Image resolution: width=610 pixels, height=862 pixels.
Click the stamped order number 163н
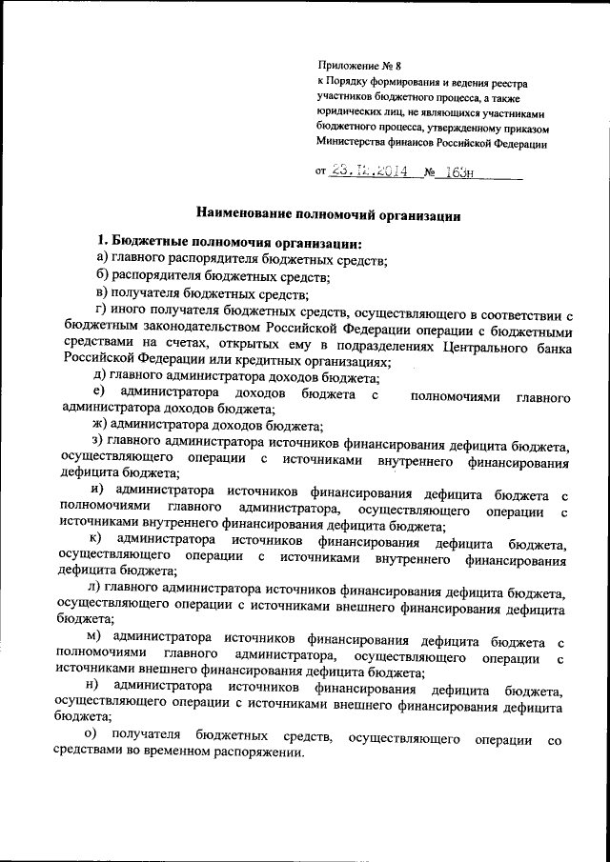click(x=457, y=173)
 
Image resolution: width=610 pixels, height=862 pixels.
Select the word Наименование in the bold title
click(x=247, y=215)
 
